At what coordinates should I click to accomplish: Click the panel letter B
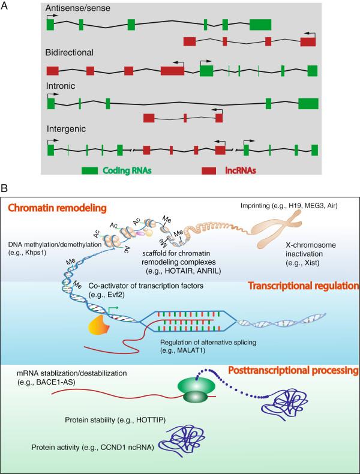click(5, 188)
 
